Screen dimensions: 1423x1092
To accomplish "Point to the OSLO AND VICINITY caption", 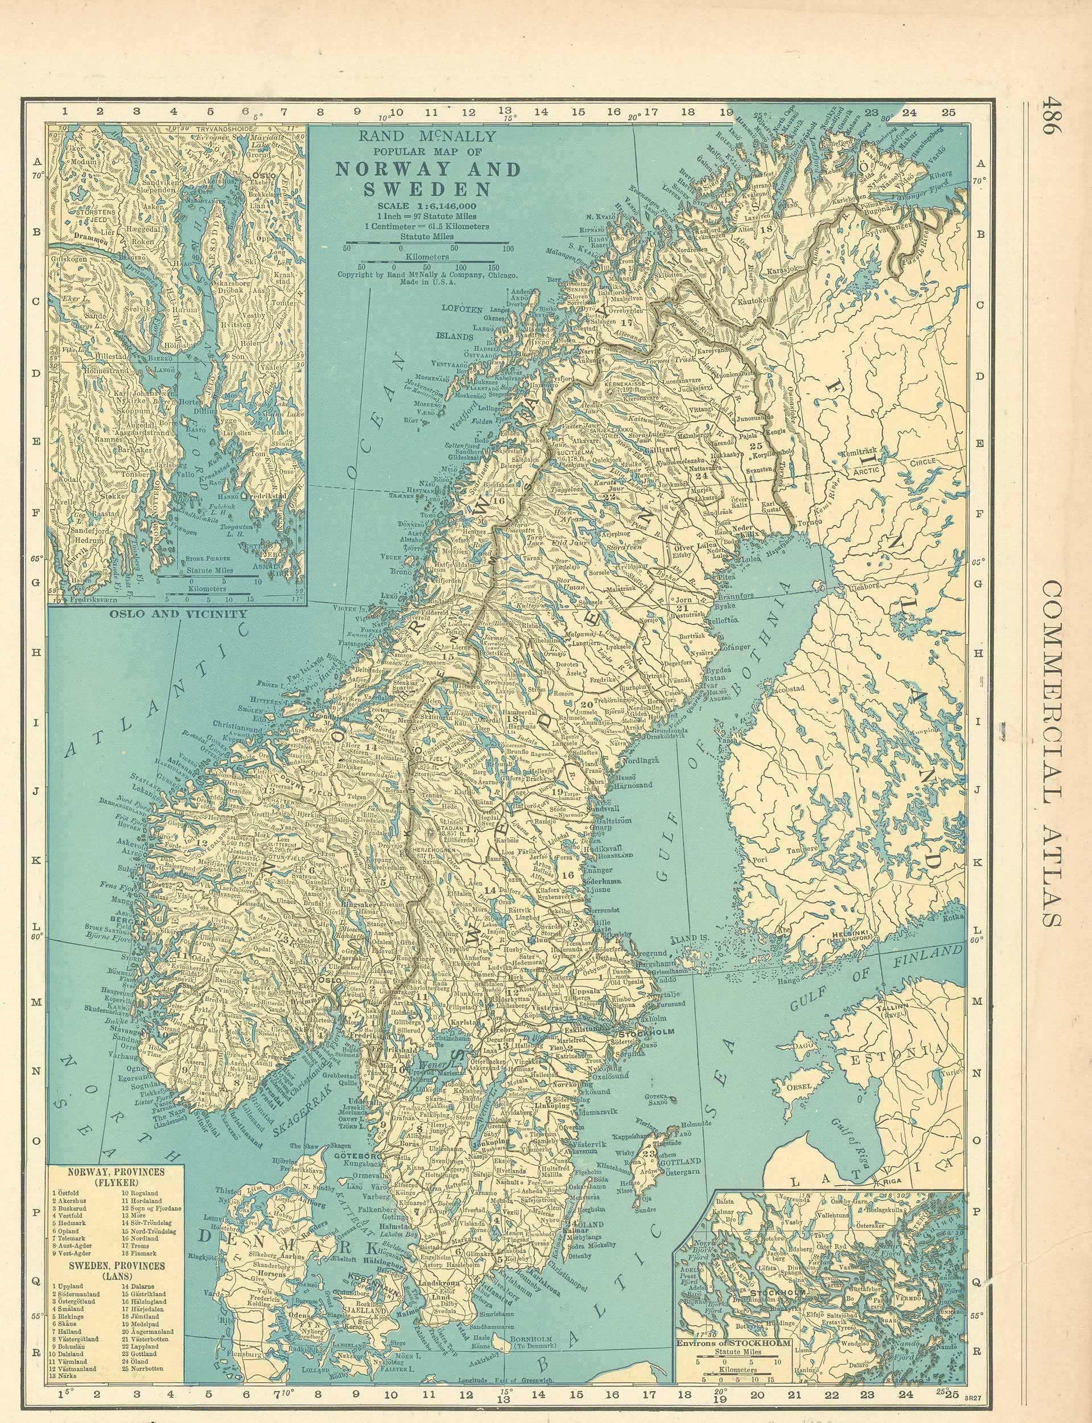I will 178,613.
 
